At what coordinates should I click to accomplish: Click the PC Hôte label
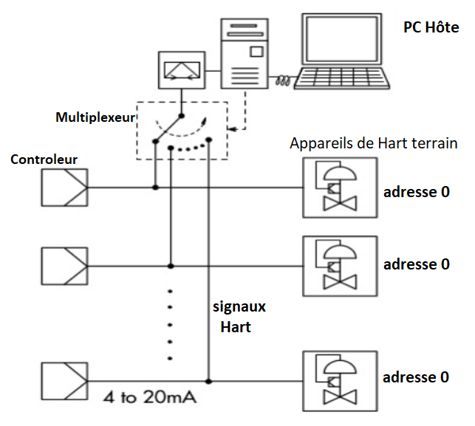(431, 27)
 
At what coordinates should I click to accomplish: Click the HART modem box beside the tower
(181, 71)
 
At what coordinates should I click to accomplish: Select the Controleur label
(44, 159)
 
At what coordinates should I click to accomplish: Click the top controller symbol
(63, 188)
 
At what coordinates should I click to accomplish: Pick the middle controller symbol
(63, 264)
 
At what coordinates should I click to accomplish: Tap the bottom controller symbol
(63, 381)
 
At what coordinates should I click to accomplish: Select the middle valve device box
(340, 266)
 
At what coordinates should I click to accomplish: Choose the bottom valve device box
(340, 381)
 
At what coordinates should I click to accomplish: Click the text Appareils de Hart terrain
(374, 144)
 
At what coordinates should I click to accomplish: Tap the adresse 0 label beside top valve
(415, 192)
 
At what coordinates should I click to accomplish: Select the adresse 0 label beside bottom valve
(415, 377)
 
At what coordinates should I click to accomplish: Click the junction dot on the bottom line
(209, 381)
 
